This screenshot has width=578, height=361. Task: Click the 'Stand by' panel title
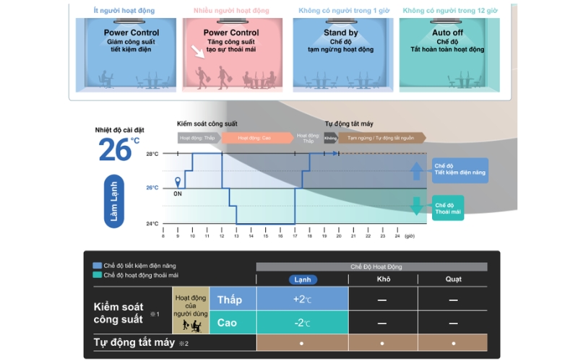click(340, 32)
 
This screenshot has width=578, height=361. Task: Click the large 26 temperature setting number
click(116, 149)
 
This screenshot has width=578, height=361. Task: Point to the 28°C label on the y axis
click(152, 154)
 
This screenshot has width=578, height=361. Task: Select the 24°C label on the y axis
click(152, 224)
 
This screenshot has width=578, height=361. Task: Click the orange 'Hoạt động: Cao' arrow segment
click(256, 137)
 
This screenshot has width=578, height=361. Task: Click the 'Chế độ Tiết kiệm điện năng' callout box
click(460, 169)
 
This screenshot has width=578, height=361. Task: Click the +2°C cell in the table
click(302, 299)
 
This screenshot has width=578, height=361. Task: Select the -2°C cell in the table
click(302, 322)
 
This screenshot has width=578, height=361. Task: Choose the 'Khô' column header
click(384, 279)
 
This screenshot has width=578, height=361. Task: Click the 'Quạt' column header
click(453, 279)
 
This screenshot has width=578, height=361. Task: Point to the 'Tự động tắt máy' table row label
click(135, 342)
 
